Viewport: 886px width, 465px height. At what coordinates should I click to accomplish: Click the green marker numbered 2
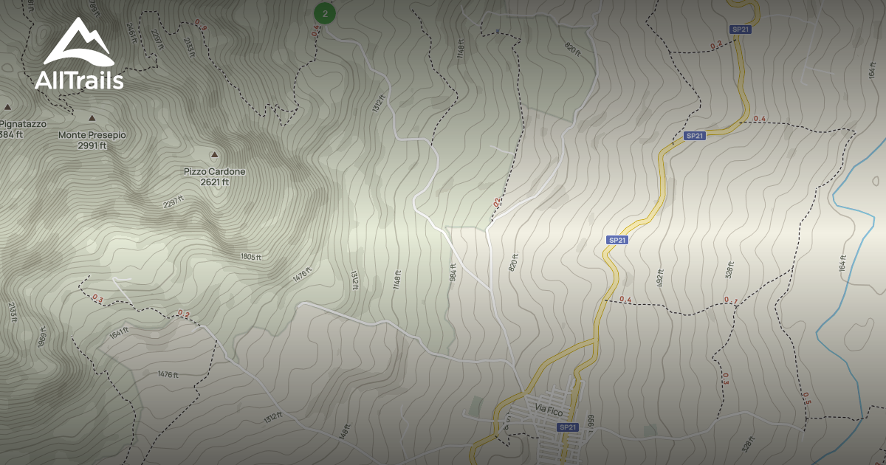tap(325, 13)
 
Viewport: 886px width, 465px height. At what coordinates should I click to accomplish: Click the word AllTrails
tap(79, 80)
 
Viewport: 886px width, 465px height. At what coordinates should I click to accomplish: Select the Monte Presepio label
tap(92, 135)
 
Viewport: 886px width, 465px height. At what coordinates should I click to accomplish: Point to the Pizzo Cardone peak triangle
tap(215, 155)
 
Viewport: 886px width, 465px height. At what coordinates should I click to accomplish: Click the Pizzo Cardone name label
tap(215, 171)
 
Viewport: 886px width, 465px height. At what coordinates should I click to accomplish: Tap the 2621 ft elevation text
tap(215, 182)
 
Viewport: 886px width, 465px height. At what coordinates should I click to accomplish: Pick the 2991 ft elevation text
tap(92, 145)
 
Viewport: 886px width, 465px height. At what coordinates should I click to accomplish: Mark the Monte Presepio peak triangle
tap(92, 118)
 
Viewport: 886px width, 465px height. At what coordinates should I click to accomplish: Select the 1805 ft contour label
tap(251, 257)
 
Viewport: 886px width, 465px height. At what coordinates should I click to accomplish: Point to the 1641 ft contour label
tap(120, 334)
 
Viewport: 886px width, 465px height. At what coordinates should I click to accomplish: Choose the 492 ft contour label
tap(660, 278)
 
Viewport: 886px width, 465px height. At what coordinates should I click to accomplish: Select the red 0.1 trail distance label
tap(731, 300)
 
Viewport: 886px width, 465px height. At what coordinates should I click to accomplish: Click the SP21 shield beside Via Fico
tap(567, 427)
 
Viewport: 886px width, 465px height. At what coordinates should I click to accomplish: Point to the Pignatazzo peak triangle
tap(7, 107)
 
